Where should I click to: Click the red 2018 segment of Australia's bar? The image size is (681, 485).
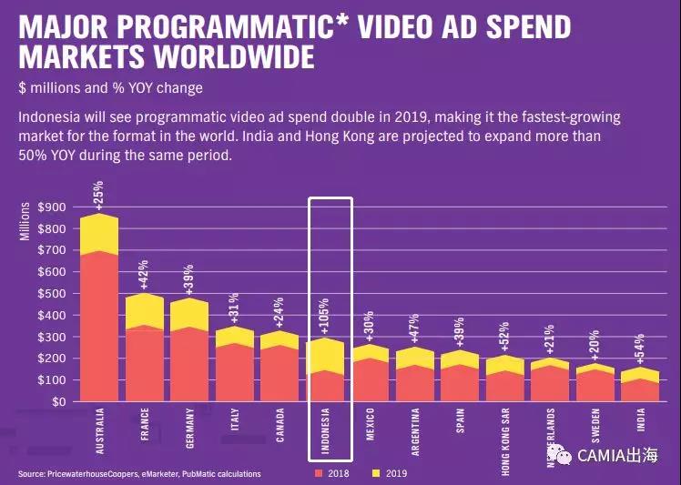tap(99, 328)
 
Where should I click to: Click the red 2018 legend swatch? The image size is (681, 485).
tap(318, 474)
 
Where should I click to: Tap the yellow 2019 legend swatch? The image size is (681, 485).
tap(372, 474)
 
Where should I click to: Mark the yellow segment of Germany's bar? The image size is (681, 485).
tap(190, 314)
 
